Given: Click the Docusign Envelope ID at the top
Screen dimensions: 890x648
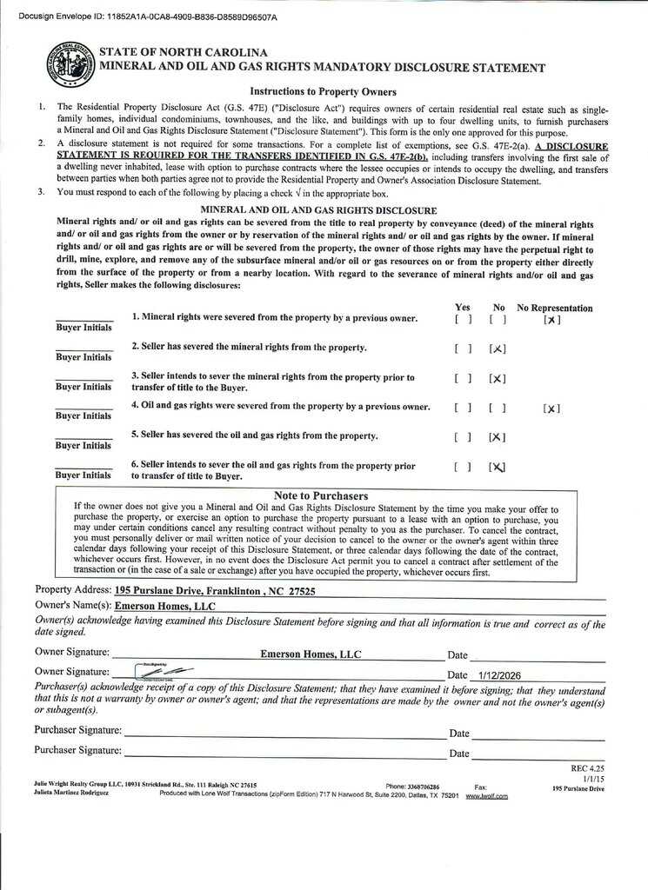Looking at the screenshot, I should point(147,16).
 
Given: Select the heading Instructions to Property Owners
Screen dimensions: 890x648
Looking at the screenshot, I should point(323,91).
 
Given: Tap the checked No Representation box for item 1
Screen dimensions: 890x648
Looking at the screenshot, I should point(551,320).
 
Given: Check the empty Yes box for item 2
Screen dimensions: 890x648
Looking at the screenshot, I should point(463,349).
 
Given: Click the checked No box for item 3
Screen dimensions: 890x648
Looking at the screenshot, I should point(498,378).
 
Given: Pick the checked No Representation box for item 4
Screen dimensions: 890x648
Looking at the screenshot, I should point(551,408).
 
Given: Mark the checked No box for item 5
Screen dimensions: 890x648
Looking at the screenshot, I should point(498,437).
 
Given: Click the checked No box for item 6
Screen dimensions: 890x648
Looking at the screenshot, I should point(498,467).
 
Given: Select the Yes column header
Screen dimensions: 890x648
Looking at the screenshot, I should point(463,308).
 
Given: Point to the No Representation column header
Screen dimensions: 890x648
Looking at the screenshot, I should point(555,308).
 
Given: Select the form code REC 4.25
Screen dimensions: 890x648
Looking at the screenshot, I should point(587,768).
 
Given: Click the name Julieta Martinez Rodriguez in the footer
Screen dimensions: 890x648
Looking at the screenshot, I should point(71,793).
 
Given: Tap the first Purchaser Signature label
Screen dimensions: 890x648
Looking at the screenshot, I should point(78,730).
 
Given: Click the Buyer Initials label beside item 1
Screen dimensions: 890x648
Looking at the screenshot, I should point(84,328).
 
